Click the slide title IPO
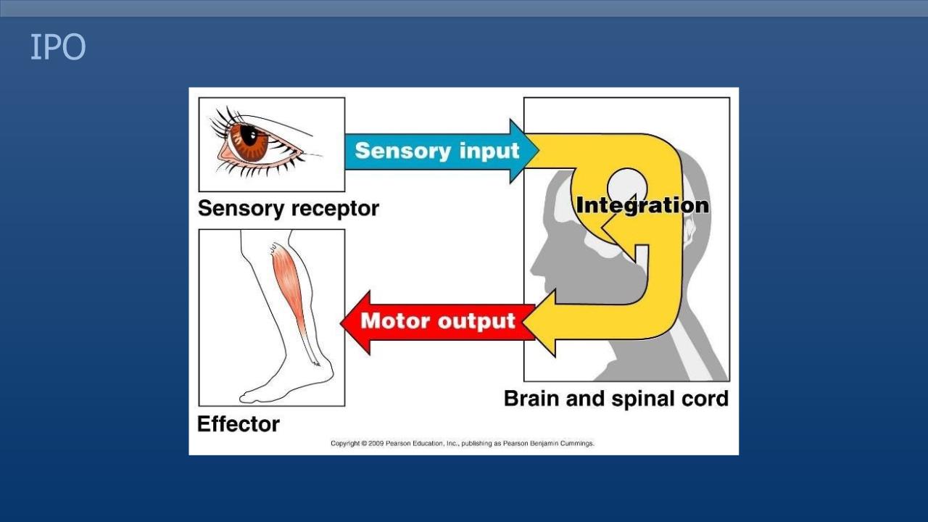57,48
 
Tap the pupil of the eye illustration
249,134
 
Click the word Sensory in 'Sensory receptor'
241,209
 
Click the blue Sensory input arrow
435,151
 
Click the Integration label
642,205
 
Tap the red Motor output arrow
435,321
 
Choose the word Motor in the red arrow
396,320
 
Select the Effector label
239,424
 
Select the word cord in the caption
704,399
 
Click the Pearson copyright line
463,443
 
